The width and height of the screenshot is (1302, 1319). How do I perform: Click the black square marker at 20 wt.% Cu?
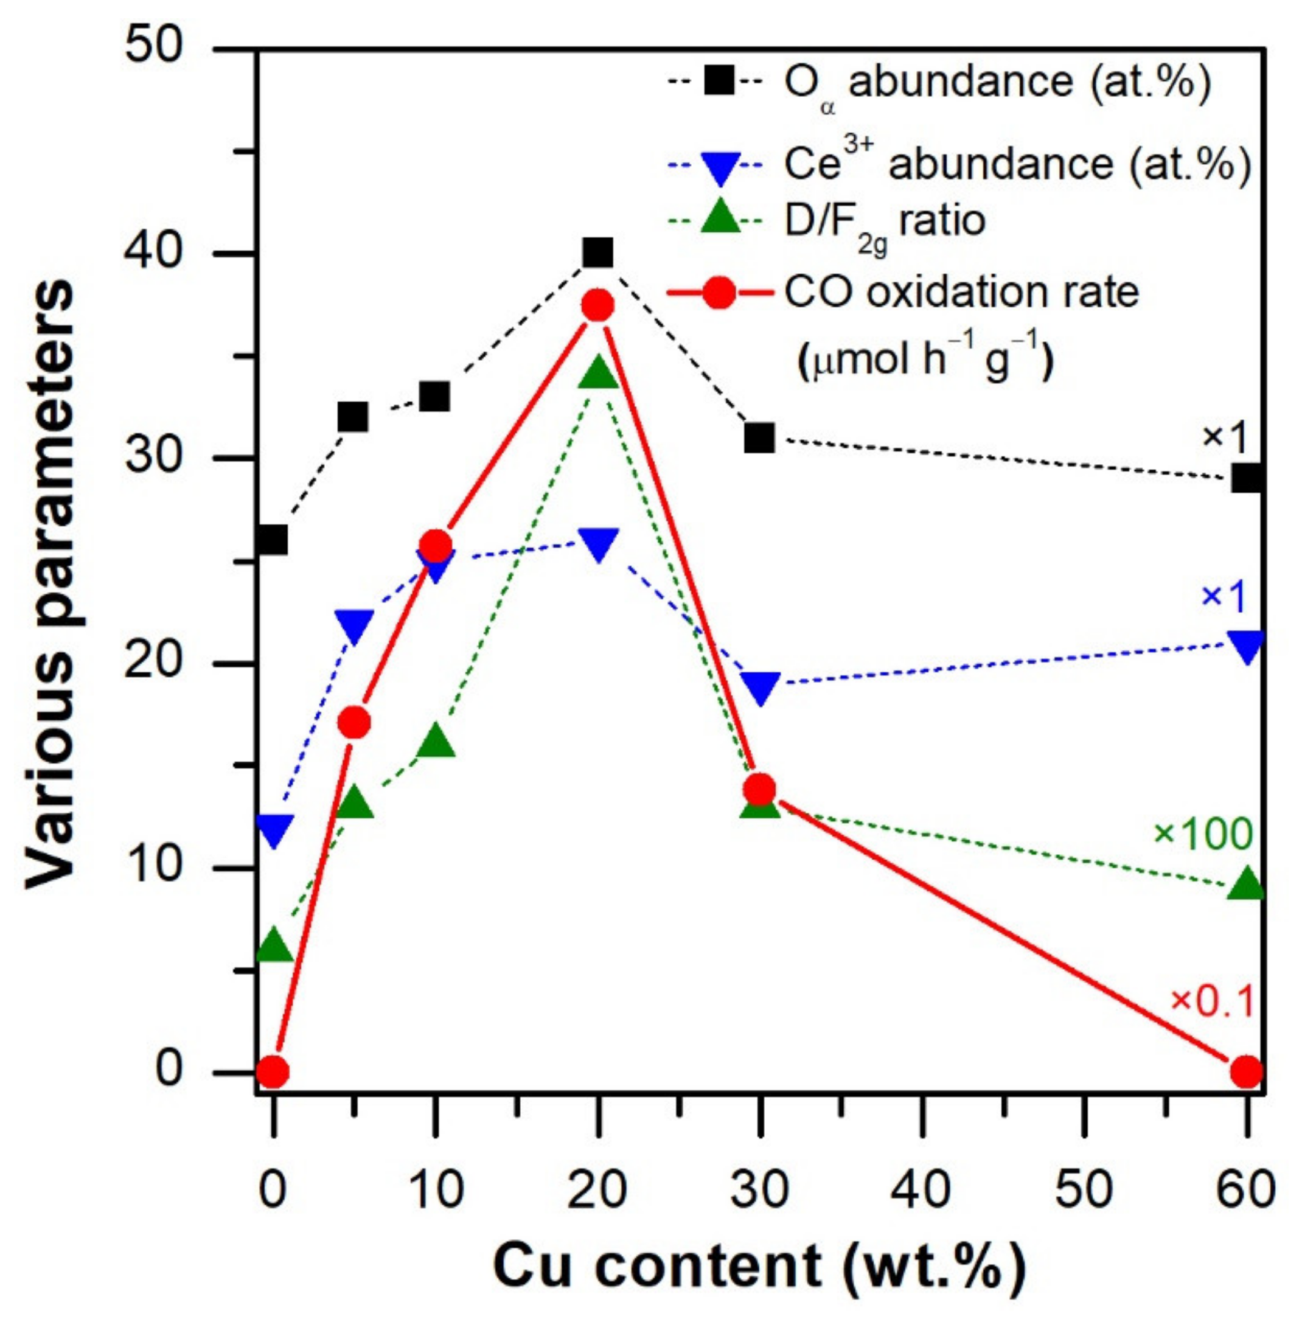[x=597, y=252]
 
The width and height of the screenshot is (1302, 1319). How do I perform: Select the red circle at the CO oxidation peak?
[x=597, y=305]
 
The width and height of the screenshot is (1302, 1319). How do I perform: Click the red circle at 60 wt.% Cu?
[x=1246, y=1072]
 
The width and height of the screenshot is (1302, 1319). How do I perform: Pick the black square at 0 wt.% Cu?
[x=274, y=540]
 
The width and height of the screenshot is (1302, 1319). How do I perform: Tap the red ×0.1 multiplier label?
[x=1212, y=1001]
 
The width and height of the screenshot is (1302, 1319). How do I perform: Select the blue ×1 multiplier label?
[x=1224, y=596]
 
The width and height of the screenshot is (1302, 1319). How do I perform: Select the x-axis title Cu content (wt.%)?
[x=759, y=1267]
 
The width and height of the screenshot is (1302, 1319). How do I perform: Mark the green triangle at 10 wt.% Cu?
[x=436, y=742]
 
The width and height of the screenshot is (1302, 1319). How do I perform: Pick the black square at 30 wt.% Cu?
[x=759, y=437]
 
